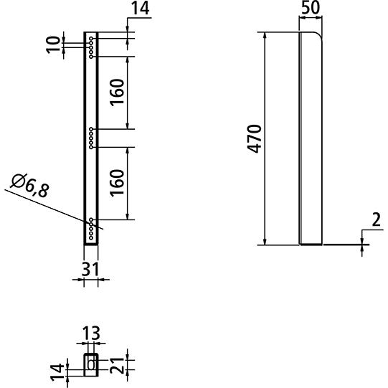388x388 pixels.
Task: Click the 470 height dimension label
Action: point(252,138)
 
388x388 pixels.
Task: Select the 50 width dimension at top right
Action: point(311,10)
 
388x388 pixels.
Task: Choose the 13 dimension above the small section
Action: point(90,333)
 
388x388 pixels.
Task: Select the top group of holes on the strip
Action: point(91,45)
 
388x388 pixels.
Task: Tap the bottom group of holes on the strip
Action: point(91,228)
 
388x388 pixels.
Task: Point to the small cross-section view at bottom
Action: point(91,363)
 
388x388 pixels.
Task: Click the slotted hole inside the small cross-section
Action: point(91,364)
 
